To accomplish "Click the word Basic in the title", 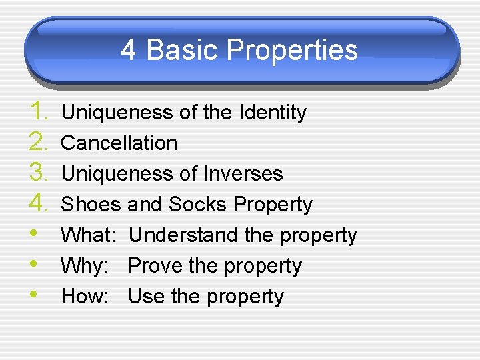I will pos(182,51).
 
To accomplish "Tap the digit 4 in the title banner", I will pos(129,51).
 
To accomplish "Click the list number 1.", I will pos(39,111).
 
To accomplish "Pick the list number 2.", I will pos(39,142).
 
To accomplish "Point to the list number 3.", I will pos(39,173).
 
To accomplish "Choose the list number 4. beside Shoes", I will pos(39,203).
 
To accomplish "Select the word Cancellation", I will pos(119,143).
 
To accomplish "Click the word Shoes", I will pos(91,205).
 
